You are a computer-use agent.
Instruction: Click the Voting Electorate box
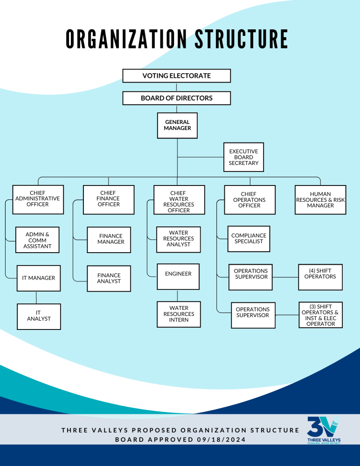[x=177, y=76]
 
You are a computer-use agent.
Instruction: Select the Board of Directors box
[x=177, y=98]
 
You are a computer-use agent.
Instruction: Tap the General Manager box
[x=177, y=125]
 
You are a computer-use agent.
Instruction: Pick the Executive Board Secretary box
[x=243, y=157]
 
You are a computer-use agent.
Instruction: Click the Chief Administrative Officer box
[x=38, y=199]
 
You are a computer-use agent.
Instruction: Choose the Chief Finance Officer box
[x=109, y=199]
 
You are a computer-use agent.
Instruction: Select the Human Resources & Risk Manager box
[x=320, y=200]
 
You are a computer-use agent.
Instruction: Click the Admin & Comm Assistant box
[x=37, y=240]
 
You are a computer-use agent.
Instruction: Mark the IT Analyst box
[x=39, y=316]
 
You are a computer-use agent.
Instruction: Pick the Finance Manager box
[x=109, y=240]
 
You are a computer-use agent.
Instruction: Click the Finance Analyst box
[x=109, y=279]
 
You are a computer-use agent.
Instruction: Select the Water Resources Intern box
[x=179, y=314]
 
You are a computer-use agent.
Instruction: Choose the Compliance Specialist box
[x=249, y=239]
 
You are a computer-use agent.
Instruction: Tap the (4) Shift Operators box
[x=320, y=277]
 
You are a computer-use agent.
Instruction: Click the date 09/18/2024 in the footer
[x=222, y=439]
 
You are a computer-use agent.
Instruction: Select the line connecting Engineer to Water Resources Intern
[x=177, y=295]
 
